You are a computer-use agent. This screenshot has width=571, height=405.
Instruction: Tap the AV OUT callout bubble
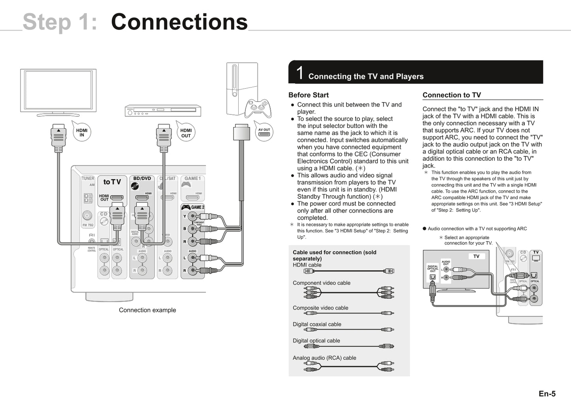[x=264, y=132]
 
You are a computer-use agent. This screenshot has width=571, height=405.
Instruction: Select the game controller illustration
[x=258, y=108]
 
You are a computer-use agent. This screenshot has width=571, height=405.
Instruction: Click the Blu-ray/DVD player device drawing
[x=163, y=111]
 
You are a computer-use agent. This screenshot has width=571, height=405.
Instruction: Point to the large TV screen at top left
[x=58, y=91]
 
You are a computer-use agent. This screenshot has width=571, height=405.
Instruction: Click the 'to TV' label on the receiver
[x=112, y=182]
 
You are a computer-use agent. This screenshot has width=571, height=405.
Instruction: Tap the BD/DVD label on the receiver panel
[x=142, y=179]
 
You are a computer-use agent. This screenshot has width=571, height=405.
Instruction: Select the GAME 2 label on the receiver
[x=197, y=207]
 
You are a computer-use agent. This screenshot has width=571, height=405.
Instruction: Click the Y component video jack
[x=192, y=216]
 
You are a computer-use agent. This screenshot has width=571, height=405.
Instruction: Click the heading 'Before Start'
[x=308, y=95]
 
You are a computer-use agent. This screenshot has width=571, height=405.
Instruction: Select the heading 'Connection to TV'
[x=451, y=95]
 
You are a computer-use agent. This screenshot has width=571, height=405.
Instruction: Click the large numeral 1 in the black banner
[x=300, y=73]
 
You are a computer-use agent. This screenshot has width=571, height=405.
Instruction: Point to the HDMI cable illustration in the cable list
[x=349, y=271]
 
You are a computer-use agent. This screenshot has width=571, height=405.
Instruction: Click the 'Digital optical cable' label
[x=316, y=340]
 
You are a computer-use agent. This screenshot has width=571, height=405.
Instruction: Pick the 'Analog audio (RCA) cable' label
[x=324, y=357]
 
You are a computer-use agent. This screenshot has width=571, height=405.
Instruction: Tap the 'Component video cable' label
[x=321, y=283]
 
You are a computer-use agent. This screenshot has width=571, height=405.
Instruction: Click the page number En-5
[x=547, y=394]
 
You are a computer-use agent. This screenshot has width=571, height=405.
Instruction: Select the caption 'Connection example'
[x=147, y=310]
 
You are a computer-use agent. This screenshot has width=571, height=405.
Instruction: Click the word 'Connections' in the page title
[x=179, y=22]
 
